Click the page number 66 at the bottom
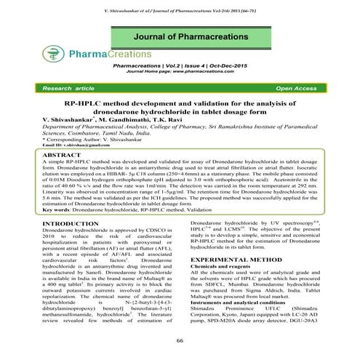[180, 340]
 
